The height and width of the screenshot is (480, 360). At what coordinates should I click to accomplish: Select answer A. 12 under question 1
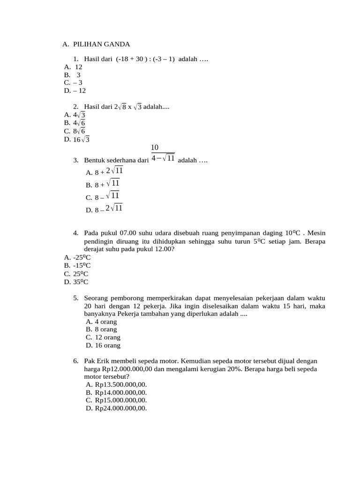(x=73, y=67)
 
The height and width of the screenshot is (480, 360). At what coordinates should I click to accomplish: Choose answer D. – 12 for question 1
(x=75, y=90)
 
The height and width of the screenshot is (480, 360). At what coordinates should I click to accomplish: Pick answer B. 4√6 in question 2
(x=75, y=123)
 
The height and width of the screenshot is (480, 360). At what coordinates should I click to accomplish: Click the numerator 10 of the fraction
(x=155, y=148)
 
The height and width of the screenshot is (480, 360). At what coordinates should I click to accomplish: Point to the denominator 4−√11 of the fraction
(x=163, y=158)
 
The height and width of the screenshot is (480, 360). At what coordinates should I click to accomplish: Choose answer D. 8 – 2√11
(x=104, y=209)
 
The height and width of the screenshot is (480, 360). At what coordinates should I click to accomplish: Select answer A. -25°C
(x=77, y=257)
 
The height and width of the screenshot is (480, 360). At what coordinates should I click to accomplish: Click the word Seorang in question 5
(x=97, y=298)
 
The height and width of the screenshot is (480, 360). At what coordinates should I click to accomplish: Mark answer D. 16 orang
(x=103, y=345)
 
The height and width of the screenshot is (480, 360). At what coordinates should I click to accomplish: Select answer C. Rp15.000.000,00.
(x=116, y=400)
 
